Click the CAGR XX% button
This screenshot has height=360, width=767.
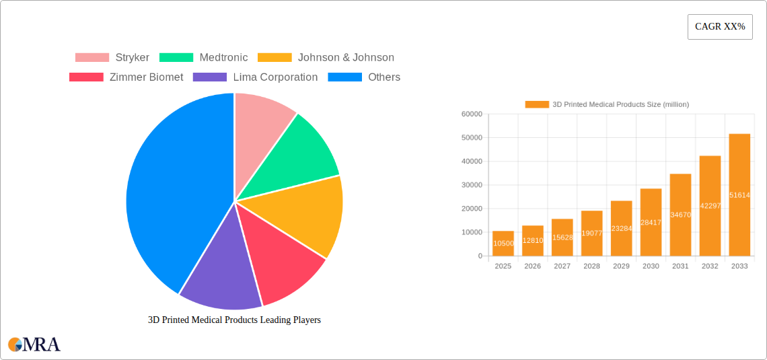(x=720, y=27)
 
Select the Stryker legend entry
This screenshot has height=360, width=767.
(x=112, y=58)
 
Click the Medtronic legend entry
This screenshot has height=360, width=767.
(x=204, y=58)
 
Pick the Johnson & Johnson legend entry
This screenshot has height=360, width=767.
(x=326, y=58)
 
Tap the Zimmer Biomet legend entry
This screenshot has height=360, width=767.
(x=126, y=77)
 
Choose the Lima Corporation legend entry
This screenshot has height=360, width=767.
(x=256, y=77)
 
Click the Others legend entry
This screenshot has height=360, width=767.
(x=364, y=77)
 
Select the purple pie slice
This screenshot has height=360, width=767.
(x=219, y=276)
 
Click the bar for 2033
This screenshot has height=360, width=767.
(x=739, y=195)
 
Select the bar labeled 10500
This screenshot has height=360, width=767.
(x=503, y=244)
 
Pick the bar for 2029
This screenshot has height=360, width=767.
(x=621, y=228)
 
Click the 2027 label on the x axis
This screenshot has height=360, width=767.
(x=562, y=266)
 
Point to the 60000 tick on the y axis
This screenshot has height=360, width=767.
(x=472, y=114)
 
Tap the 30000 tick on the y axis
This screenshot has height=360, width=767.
(x=472, y=185)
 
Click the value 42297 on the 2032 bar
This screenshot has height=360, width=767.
(x=710, y=206)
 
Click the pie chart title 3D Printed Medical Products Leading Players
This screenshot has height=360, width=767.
(x=234, y=320)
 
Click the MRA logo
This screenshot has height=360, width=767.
(x=34, y=345)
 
